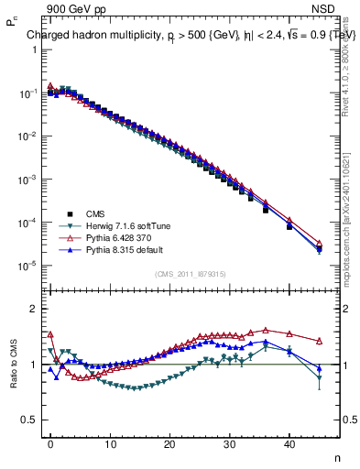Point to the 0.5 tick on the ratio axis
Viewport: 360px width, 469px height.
pyautogui.click(x=27, y=420)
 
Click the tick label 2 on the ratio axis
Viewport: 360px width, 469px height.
pyautogui.click(x=31, y=309)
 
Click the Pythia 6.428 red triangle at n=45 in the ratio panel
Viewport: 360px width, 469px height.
pyautogui.click(x=319, y=340)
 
